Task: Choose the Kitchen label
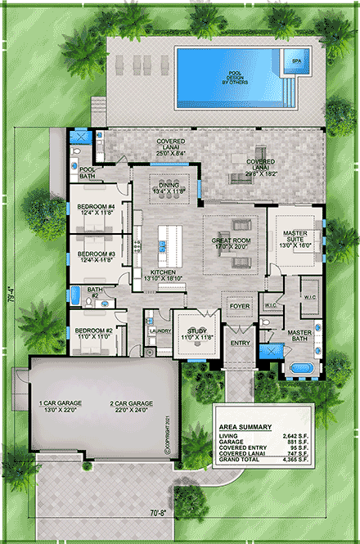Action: [162, 274]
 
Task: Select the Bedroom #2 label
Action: [92, 333]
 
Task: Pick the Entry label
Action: [240, 344]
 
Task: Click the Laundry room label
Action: [160, 331]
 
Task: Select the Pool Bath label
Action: [88, 172]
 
